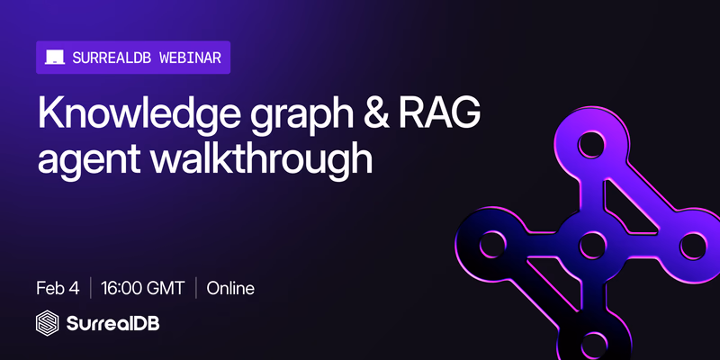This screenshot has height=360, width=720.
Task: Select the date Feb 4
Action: pyautogui.click(x=58, y=289)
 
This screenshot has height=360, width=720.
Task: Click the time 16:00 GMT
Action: pyautogui.click(x=143, y=289)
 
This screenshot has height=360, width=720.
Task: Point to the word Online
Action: pyautogui.click(x=230, y=289)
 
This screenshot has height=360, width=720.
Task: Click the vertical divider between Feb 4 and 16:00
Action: pyautogui.click(x=90, y=289)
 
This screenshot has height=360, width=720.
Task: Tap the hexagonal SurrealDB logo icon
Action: pyautogui.click(x=48, y=323)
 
